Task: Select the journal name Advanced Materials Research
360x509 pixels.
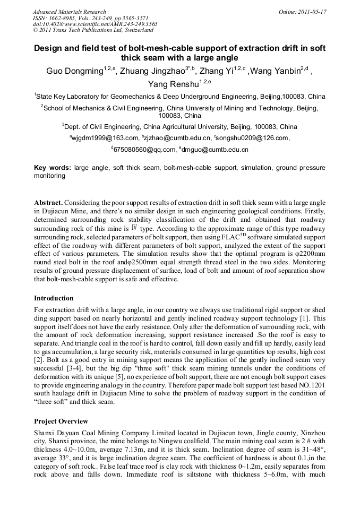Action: pyautogui.click(x=69, y=11)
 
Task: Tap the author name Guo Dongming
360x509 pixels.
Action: pyautogui.click(x=73, y=72)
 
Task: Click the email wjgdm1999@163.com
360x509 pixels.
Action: pyautogui.click(x=104, y=139)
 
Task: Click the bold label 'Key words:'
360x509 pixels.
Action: pyautogui.click(x=53, y=168)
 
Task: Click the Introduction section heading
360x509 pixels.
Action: pyautogui.click(x=54, y=298)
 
